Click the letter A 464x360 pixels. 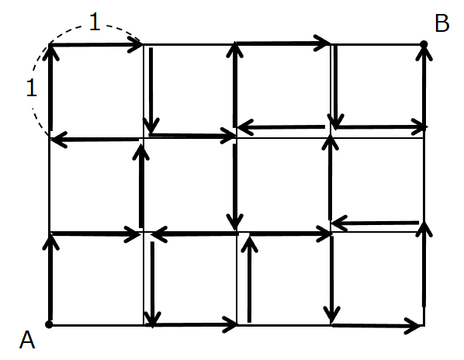tap(27, 340)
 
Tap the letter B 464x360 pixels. tap(442, 23)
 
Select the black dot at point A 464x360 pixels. tap(49, 324)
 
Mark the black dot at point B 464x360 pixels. tap(424, 44)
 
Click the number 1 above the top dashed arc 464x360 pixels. tap(95, 22)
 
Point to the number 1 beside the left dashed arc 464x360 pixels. tap(32, 88)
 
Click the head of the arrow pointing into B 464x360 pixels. tap(424, 54)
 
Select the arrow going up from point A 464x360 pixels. tap(50, 276)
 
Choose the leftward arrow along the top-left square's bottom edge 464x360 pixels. tap(95, 140)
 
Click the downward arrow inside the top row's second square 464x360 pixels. tap(151, 90)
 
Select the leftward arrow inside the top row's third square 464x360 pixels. tap(281, 127)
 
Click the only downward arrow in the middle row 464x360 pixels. tap(235, 186)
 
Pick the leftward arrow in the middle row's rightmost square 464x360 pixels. tap(375, 223)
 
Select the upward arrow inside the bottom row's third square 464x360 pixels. tap(249, 278)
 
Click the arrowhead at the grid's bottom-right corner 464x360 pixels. tap(413, 326)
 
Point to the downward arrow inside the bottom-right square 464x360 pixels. tap(332, 279)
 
